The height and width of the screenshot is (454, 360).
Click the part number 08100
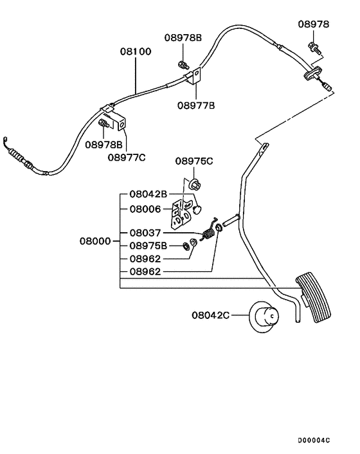click(136, 51)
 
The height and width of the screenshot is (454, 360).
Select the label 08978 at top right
click(314, 24)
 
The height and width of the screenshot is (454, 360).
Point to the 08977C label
click(127, 156)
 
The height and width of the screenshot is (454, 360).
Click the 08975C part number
click(195, 161)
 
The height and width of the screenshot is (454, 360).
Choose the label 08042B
click(148, 194)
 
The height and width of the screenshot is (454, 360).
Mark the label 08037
click(148, 233)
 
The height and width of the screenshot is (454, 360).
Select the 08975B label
click(148, 246)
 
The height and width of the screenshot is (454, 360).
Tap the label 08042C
click(210, 315)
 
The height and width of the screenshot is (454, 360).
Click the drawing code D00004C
click(313, 440)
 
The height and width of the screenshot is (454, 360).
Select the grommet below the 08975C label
click(195, 185)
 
